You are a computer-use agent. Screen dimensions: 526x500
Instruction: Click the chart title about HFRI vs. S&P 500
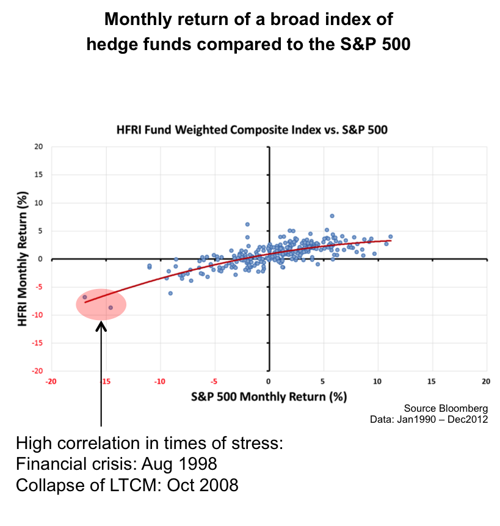[252, 130]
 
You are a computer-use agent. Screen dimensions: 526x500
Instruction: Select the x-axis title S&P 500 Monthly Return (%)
[269, 396]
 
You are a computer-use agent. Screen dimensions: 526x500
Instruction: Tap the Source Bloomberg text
[446, 408]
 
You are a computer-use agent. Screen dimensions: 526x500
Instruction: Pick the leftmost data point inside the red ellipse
[85, 297]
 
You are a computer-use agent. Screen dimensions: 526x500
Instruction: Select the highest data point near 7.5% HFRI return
[332, 216]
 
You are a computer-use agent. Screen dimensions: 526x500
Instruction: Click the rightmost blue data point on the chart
[391, 236]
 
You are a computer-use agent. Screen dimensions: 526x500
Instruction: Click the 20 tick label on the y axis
[38, 147]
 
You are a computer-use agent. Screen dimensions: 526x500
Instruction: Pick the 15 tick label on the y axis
[38, 175]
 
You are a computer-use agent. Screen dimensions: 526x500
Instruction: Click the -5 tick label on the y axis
[38, 287]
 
